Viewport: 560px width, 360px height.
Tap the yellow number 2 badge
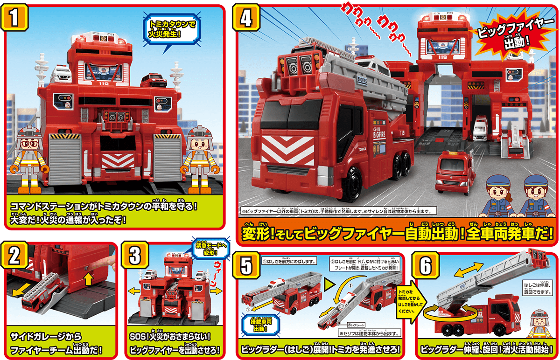tap(15, 255)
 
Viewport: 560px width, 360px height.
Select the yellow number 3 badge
tap(135, 255)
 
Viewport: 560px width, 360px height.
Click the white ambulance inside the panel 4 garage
tap(480, 128)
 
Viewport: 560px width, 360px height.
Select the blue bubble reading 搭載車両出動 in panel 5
tap(259, 324)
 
